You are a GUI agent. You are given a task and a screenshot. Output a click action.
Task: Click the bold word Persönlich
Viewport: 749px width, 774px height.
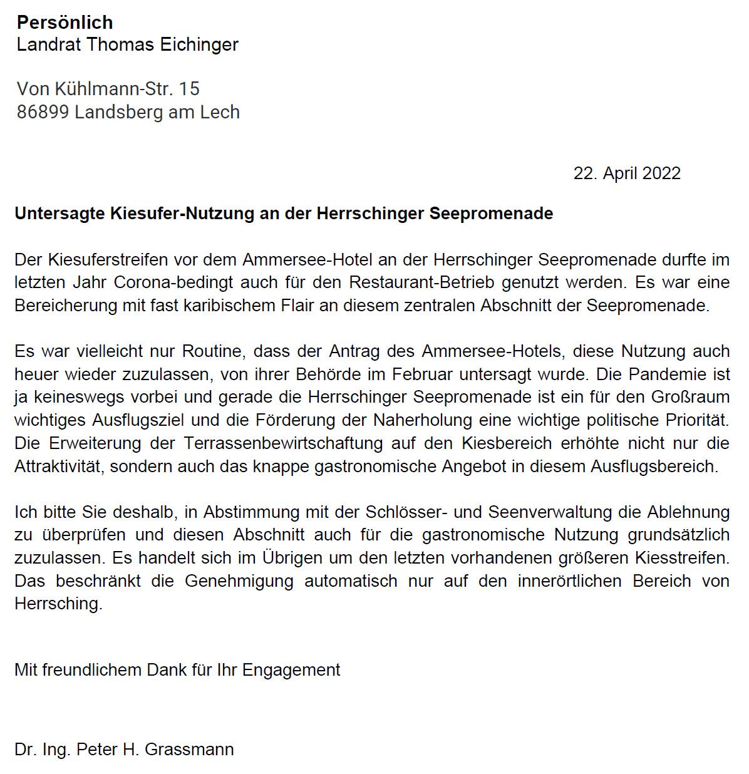point(65,23)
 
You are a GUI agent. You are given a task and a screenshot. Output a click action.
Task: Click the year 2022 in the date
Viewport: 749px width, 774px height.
point(657,173)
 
